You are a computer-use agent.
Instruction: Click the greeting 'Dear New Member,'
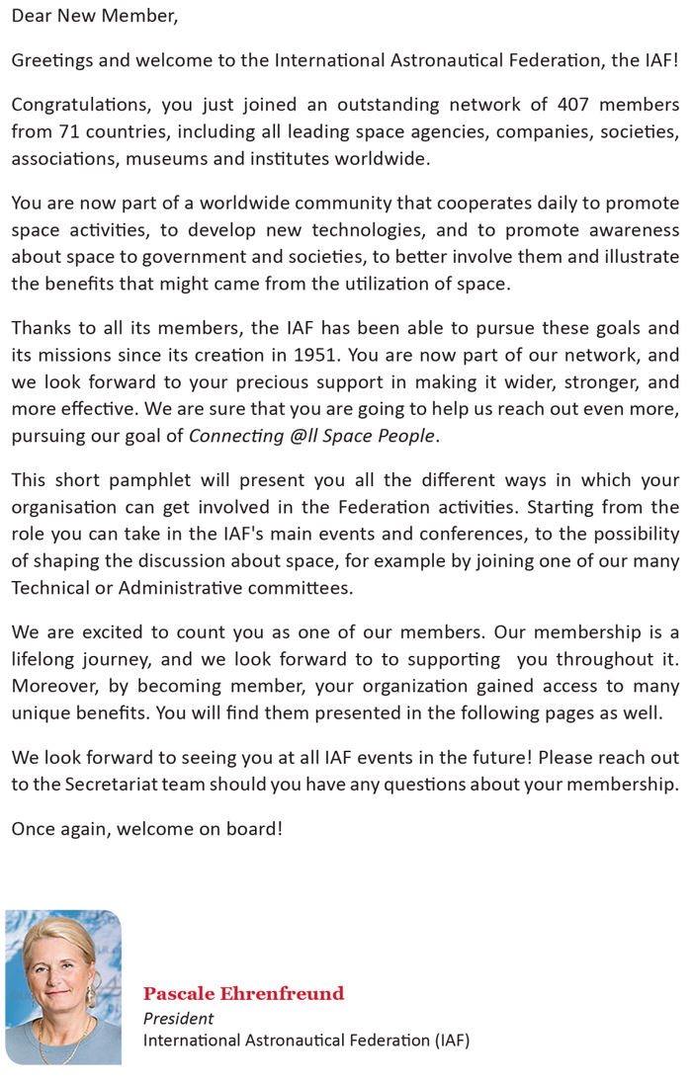[95, 17]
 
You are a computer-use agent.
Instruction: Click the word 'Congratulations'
[81, 105]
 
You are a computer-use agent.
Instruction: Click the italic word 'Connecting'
[236, 436]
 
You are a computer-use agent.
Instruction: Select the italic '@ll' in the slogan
[303, 436]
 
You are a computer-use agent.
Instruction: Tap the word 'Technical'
[53, 588]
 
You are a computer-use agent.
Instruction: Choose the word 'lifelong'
[46, 659]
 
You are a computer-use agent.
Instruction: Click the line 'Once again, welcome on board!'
[146, 829]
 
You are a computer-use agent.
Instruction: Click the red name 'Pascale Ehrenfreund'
[243, 994]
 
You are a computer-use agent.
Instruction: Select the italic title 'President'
[178, 1018]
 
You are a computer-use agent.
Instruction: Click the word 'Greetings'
[53, 60]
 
